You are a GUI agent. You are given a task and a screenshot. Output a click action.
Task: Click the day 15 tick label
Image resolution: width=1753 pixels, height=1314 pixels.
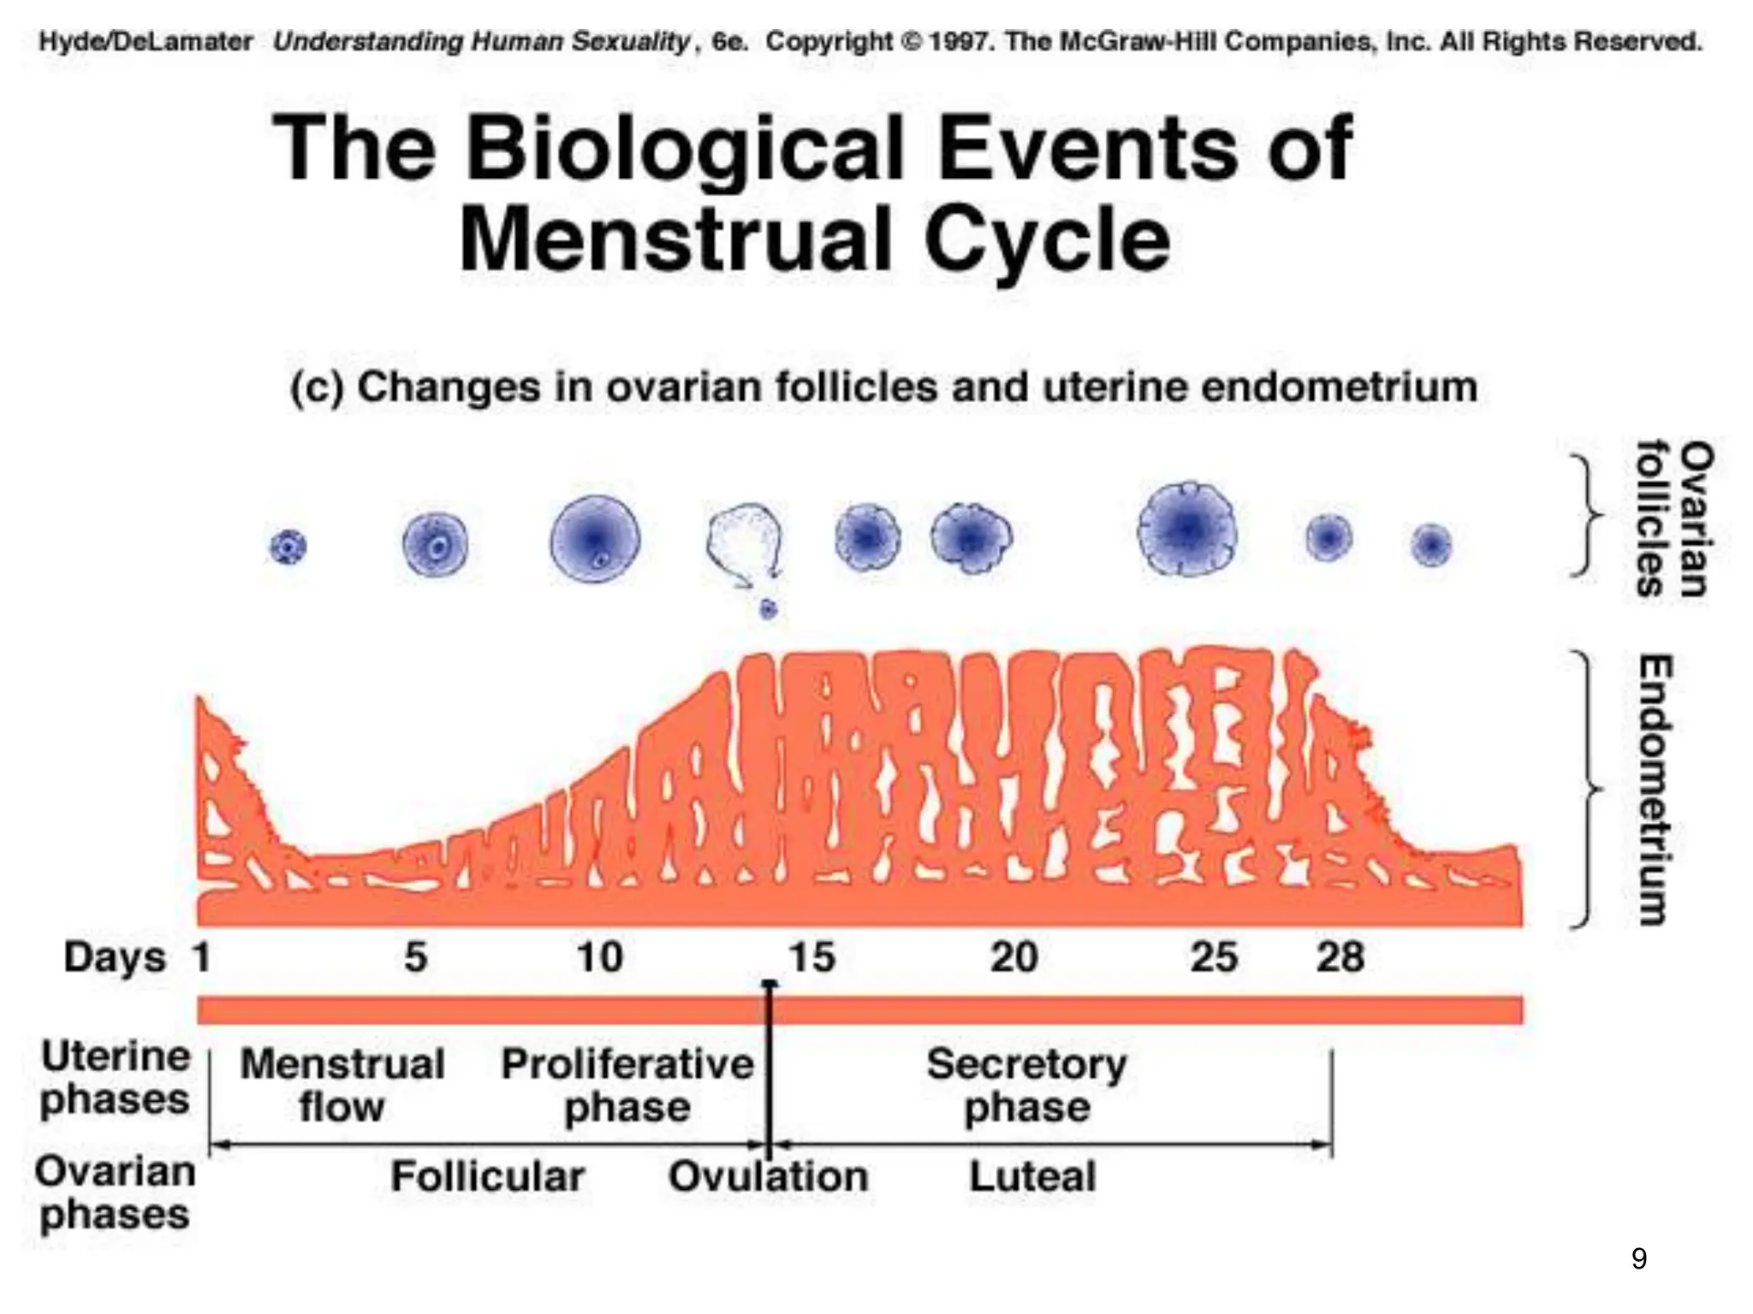pos(811,956)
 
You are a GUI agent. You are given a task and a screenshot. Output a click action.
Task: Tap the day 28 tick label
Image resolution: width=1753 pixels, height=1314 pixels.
pos(1340,956)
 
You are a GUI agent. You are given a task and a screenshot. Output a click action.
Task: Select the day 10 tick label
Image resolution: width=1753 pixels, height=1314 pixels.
pos(599,956)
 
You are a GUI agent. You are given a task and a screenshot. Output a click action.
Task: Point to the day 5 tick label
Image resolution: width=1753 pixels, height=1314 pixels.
pos(416,956)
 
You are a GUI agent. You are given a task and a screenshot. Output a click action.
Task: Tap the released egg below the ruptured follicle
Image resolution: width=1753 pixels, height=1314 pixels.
pos(768,609)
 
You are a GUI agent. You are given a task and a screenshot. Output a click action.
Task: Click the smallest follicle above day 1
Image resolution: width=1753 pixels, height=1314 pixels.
pos(288,546)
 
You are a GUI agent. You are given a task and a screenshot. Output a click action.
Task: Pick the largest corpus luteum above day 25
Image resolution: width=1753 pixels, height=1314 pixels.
pos(1187,529)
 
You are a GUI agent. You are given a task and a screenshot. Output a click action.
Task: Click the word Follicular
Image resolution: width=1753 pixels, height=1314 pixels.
pos(488,1176)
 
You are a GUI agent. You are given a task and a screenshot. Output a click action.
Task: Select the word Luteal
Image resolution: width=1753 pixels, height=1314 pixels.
pos(1032,1176)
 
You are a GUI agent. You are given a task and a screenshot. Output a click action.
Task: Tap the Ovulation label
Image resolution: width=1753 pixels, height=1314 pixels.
pos(768,1176)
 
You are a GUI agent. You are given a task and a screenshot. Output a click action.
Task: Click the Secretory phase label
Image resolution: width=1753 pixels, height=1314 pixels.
pos(1027,1086)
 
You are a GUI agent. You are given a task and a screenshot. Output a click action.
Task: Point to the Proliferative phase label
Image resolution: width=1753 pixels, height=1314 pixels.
pos(627,1086)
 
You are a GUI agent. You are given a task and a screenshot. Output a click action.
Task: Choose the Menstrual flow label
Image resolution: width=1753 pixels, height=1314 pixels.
pos(342,1086)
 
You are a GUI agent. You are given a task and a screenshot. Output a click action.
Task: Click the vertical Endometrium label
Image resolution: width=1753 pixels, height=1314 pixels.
pos(1655,789)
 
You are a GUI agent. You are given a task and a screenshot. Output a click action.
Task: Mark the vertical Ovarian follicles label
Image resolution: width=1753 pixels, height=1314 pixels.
pos(1673,518)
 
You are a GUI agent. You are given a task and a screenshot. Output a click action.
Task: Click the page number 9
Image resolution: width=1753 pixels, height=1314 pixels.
pos(1638,1258)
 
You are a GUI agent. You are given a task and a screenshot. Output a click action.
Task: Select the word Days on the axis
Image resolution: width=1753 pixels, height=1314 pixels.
pos(114,956)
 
